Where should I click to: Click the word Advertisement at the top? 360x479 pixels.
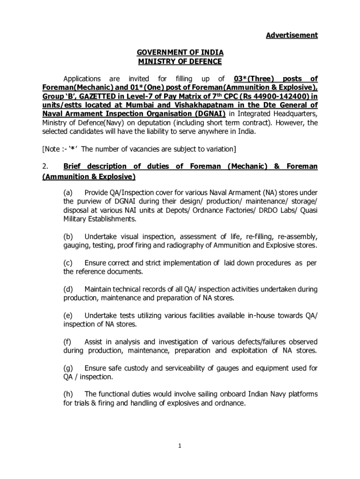(292, 35)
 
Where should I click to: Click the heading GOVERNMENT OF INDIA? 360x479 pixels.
(180, 52)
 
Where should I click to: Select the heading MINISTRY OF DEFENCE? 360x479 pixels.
(180, 61)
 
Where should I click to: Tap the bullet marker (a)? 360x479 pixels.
(68, 193)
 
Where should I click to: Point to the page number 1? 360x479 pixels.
(180, 446)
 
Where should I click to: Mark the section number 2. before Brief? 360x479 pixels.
(45, 167)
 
